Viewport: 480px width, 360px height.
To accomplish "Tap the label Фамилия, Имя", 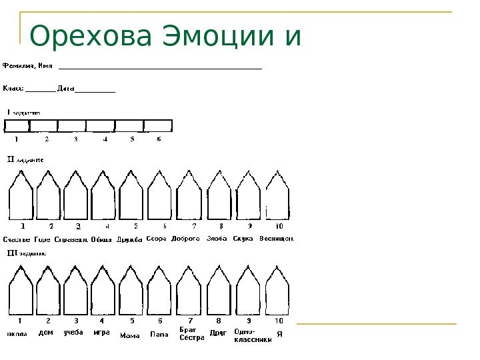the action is (28, 66).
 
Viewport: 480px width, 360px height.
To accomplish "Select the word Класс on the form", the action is (13, 87).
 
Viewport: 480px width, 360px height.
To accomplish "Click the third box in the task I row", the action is (72, 125).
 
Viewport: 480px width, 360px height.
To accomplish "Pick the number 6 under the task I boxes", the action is (159, 139).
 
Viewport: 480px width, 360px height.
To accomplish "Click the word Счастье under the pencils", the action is (16, 239).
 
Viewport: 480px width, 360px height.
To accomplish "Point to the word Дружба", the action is (129, 239).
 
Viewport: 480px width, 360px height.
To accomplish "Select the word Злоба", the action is (217, 238).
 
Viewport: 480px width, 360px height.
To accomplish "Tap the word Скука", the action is (243, 238).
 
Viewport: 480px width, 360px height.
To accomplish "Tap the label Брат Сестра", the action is (192, 333).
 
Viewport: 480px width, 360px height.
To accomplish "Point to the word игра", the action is (101, 331).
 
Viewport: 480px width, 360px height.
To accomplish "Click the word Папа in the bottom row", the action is (159, 334).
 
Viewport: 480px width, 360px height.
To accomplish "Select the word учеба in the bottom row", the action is (73, 331).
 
